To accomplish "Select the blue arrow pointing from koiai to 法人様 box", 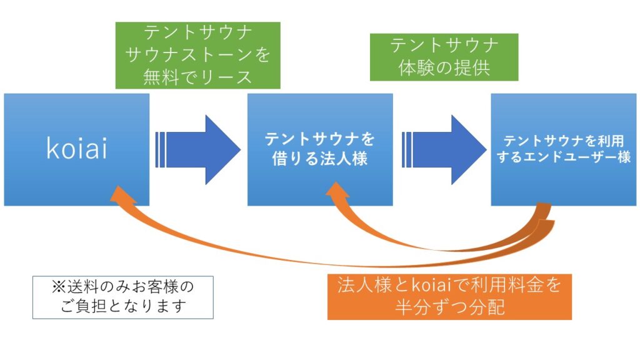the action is pyautogui.click(x=198, y=150).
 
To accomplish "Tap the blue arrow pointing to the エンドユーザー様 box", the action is pyautogui.click(x=444, y=150).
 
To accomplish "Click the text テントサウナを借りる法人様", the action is pyautogui.click(x=320, y=149).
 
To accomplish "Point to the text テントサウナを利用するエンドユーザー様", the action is pyautogui.click(x=564, y=149).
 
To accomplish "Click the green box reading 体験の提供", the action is pyautogui.click(x=444, y=57).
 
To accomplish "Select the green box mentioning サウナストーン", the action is pyautogui.click(x=198, y=56).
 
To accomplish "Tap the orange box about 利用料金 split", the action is pyautogui.click(x=449, y=297).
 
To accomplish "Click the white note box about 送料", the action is pyautogui.click(x=123, y=297).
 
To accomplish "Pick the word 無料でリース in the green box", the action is pyautogui.click(x=198, y=77).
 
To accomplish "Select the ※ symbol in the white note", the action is pyautogui.click(x=59, y=287).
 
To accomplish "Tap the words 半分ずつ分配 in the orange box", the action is pyautogui.click(x=449, y=307).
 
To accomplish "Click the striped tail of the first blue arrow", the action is pyautogui.click(x=161, y=150).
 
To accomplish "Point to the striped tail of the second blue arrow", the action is pyautogui.click(x=407, y=150).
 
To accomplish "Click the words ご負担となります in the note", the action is pyautogui.click(x=123, y=306).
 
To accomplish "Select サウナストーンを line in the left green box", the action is pyautogui.click(x=198, y=55).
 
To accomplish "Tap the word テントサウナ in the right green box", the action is pyautogui.click(x=444, y=45).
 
